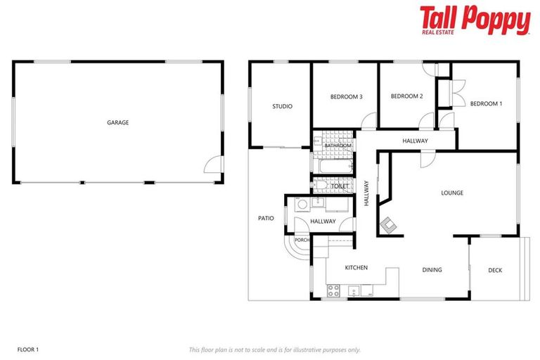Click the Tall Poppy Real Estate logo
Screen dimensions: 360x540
(x=475, y=20)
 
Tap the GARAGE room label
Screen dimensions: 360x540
(x=117, y=122)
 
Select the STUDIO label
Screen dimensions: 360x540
(x=282, y=106)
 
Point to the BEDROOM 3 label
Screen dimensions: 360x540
(x=346, y=96)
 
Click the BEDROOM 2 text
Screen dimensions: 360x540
(x=406, y=96)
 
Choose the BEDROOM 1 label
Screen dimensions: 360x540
(x=486, y=104)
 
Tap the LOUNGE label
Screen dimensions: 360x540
(x=452, y=193)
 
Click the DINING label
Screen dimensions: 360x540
(x=432, y=269)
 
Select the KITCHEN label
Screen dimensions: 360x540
(x=356, y=268)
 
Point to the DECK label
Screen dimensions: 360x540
(x=495, y=270)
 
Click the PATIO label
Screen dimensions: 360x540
(x=266, y=218)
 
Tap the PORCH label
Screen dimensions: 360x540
(x=302, y=240)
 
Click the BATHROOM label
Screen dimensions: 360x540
(x=337, y=146)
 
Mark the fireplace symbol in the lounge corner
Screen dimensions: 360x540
(x=388, y=225)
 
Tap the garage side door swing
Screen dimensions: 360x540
(x=210, y=166)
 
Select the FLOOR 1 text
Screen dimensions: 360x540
(x=27, y=349)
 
